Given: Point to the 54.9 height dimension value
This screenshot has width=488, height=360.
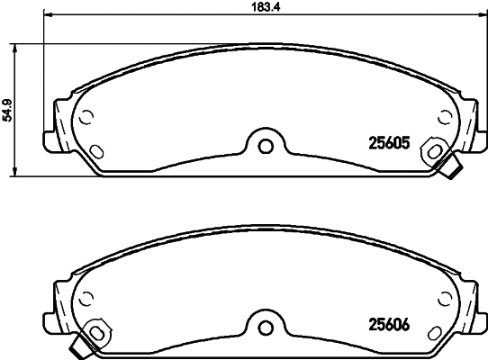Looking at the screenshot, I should point(8,109).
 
